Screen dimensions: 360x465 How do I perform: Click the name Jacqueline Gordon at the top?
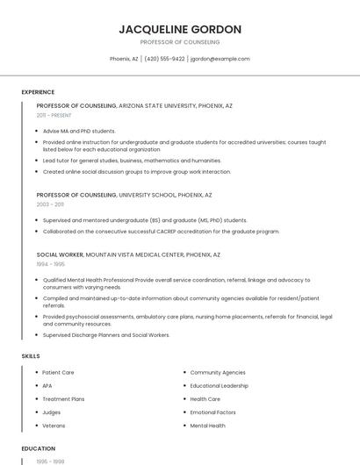click(x=180, y=29)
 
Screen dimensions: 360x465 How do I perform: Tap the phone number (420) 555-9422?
click(x=164, y=59)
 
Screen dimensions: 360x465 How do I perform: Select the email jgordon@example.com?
click(x=220, y=59)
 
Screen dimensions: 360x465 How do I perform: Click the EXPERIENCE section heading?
click(x=38, y=92)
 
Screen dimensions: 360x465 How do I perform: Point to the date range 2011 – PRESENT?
click(x=54, y=115)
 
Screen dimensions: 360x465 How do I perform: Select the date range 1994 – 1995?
click(x=50, y=264)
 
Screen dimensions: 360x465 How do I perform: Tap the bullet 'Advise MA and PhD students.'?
click(x=79, y=131)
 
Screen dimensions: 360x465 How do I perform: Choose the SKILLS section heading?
click(x=31, y=356)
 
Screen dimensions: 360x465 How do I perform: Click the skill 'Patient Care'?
click(x=58, y=373)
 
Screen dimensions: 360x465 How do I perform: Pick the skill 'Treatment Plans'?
click(x=63, y=399)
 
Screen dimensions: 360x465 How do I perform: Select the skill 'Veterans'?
click(x=54, y=426)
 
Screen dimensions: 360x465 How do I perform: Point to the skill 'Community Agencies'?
click(x=218, y=373)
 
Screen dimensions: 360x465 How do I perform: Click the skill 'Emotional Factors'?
click(x=212, y=412)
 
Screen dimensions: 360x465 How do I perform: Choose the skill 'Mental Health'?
click(x=207, y=426)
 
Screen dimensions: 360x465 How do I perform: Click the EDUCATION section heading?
click(x=38, y=448)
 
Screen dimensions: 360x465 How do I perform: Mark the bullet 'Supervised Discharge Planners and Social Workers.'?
click(x=106, y=334)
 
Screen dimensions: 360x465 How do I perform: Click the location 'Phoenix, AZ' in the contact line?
click(x=124, y=59)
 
